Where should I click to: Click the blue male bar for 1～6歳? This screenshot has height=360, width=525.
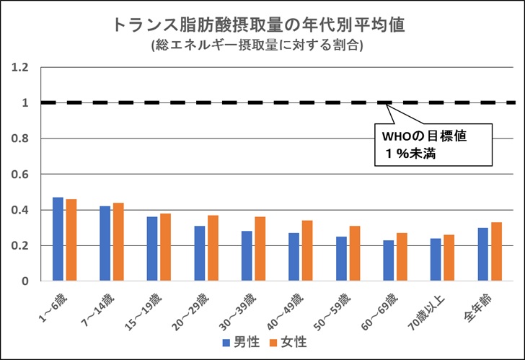pyautogui.click(x=58, y=239)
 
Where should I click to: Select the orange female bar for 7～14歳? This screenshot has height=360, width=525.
pyautogui.click(x=118, y=242)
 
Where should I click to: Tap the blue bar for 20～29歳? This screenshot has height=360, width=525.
pyautogui.click(x=199, y=253)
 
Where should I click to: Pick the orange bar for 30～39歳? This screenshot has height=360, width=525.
pyautogui.click(x=260, y=249)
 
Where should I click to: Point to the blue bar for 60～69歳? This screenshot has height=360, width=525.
pyautogui.click(x=388, y=260)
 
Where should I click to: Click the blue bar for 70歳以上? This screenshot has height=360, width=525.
pyautogui.click(x=436, y=260)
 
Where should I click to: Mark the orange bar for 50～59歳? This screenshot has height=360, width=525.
pyautogui.click(x=353, y=253)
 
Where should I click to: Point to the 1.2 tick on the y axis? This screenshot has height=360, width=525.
pyautogui.click(x=19, y=68)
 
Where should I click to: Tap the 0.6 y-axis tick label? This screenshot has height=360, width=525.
pyautogui.click(x=19, y=175)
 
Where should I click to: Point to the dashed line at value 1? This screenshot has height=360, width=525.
pyautogui.click(x=216, y=103)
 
